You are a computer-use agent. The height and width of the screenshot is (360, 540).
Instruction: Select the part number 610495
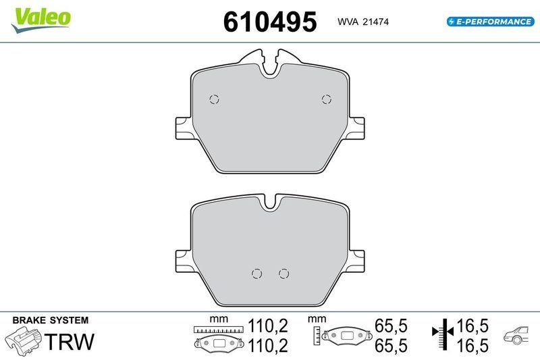[x=269, y=22]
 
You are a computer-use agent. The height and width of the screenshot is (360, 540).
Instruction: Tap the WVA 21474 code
[x=363, y=22]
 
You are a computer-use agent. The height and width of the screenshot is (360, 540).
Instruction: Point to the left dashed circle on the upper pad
[x=215, y=99]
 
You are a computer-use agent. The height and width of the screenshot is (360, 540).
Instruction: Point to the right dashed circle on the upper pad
[x=327, y=99]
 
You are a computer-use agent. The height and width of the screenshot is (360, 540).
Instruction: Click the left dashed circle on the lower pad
[x=256, y=273]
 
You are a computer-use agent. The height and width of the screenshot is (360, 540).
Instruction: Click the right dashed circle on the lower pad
[x=283, y=273]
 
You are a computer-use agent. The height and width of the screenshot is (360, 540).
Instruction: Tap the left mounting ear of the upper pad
[x=182, y=126]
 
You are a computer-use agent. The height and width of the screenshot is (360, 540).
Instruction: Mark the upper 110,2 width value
[x=269, y=326]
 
